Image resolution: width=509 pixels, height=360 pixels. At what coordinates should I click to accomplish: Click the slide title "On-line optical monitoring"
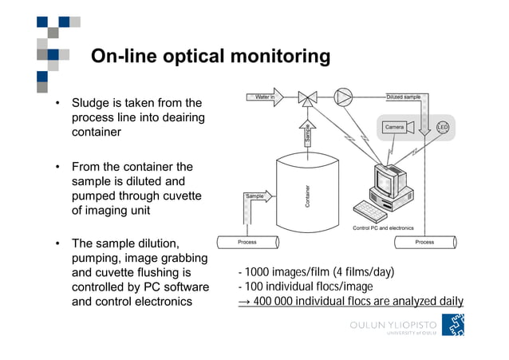[x=210, y=56]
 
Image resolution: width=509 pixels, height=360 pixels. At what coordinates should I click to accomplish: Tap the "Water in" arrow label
[x=266, y=97]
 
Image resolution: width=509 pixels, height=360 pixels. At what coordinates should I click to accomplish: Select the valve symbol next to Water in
[x=307, y=98]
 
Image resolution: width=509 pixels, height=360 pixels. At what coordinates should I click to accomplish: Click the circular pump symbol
[x=343, y=97]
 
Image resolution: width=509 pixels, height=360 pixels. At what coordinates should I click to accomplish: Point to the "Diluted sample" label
[x=403, y=97]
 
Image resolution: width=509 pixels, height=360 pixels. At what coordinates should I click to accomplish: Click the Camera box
[x=395, y=127]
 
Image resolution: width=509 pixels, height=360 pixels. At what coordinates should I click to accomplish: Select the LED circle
[x=443, y=128]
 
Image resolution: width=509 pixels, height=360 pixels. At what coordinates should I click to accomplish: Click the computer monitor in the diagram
[x=389, y=183]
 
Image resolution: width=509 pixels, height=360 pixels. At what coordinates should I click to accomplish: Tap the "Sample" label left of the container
[x=254, y=196]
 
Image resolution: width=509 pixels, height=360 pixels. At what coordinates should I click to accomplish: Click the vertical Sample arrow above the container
[x=306, y=133]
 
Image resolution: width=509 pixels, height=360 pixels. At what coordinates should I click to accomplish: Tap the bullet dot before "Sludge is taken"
[x=57, y=104]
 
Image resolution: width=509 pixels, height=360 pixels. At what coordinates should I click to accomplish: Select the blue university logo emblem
[x=453, y=324]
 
